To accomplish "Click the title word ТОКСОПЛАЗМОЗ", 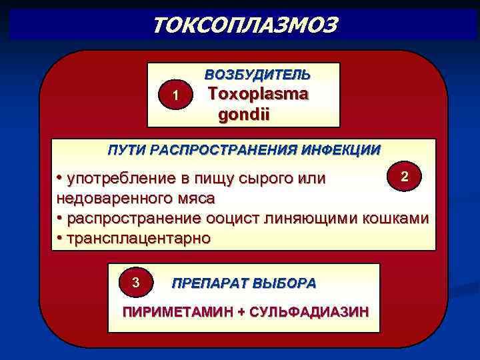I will pyautogui.click(x=245, y=25).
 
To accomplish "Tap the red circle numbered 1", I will pyautogui.click(x=175, y=96).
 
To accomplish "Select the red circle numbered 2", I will pyautogui.click(x=404, y=175).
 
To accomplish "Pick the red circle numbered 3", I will pyautogui.click(x=135, y=283).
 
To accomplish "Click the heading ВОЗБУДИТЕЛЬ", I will pyautogui.click(x=257, y=73).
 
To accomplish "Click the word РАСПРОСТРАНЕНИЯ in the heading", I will pyautogui.click(x=221, y=149).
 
